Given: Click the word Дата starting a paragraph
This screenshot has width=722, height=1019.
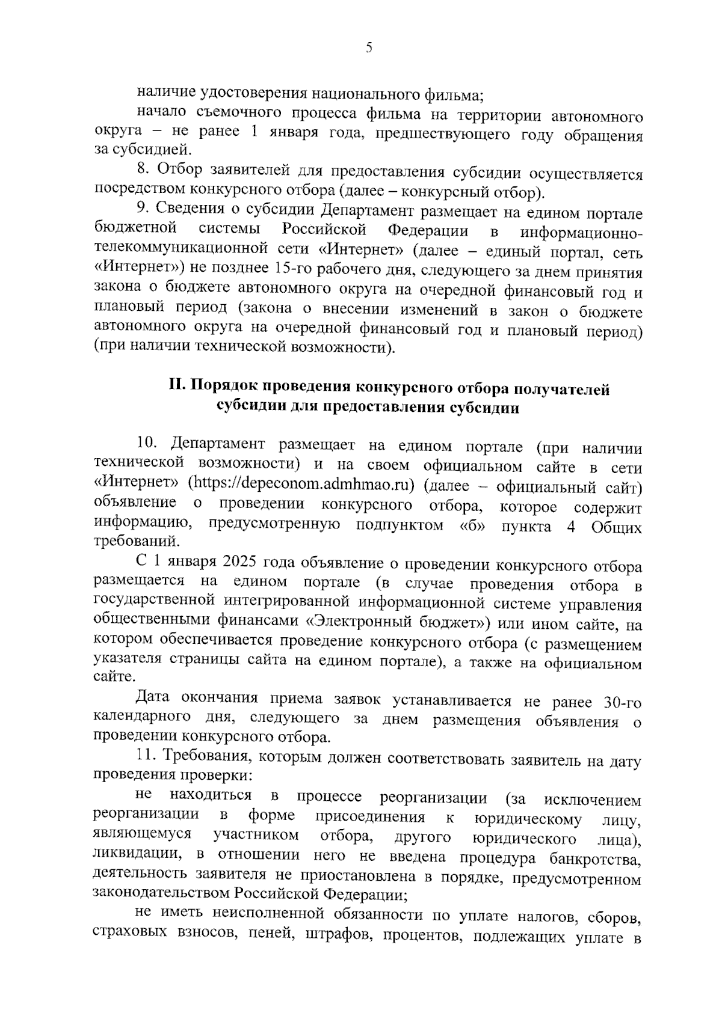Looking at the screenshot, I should [155, 699].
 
